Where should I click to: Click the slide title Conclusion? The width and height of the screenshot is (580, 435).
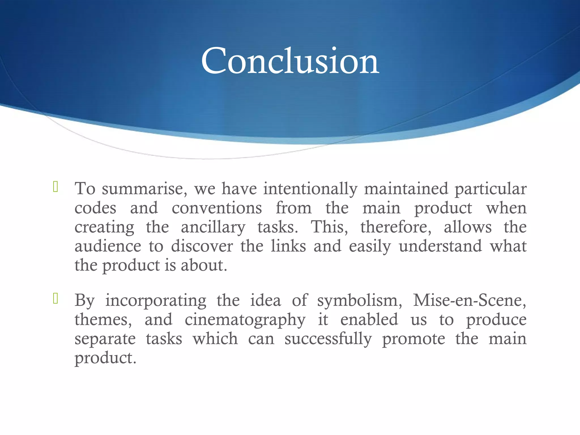[290, 61]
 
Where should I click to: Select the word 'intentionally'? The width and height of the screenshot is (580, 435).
[310, 189]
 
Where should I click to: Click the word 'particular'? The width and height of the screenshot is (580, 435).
[491, 189]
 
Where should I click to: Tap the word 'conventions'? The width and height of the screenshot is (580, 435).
[217, 208]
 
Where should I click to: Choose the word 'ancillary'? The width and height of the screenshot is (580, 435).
[213, 227]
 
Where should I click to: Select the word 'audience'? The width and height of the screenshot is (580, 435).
[108, 246]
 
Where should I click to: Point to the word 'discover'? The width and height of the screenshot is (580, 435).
[202, 246]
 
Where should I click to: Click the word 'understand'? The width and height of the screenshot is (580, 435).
[440, 246]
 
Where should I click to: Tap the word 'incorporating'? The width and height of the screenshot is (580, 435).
[156, 301]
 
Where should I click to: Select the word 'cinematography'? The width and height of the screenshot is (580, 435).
[245, 320]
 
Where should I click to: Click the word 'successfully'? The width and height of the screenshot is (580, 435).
[328, 339]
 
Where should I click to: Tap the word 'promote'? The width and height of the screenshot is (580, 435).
[413, 339]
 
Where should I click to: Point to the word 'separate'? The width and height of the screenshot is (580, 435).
[105, 339]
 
